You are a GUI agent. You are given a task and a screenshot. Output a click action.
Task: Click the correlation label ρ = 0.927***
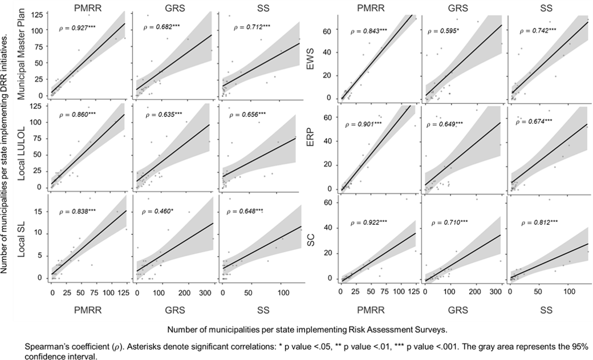pyautogui.click(x=79, y=27)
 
